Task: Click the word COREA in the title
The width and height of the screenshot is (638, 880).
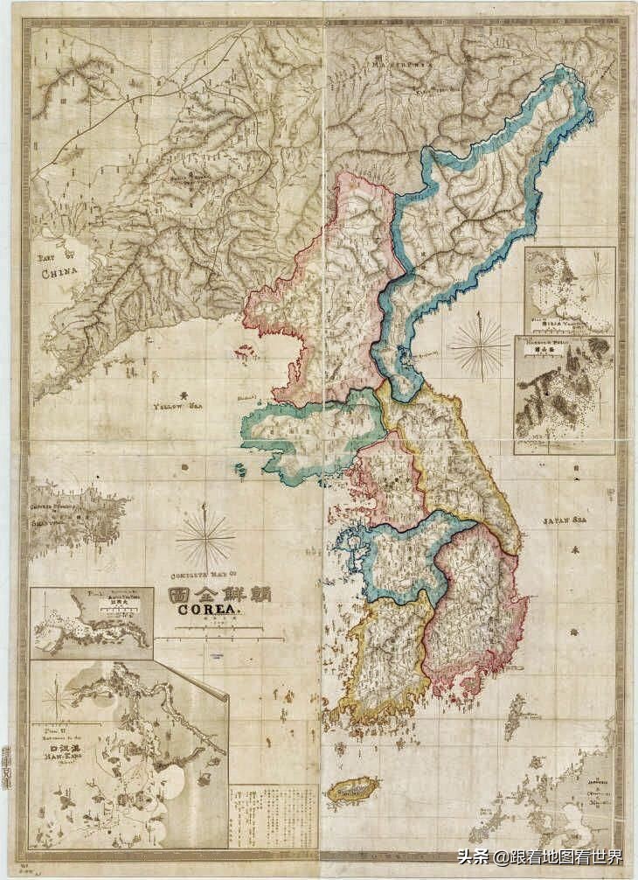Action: tap(209, 611)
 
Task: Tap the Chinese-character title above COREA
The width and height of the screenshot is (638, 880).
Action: tap(218, 594)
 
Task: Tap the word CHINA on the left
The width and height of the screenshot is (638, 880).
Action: tap(59, 272)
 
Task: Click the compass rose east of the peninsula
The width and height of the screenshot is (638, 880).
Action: tap(479, 346)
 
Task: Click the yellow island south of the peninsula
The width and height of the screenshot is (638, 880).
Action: tap(352, 791)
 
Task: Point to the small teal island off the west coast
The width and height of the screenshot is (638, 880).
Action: tap(240, 470)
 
